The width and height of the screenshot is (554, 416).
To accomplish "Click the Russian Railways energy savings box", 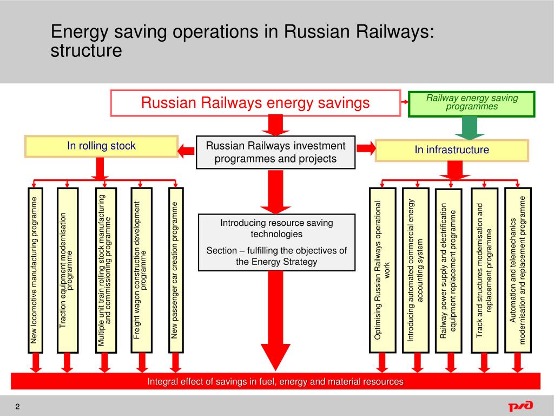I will click(x=255, y=103).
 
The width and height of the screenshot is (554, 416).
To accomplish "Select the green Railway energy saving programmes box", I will click(x=471, y=104).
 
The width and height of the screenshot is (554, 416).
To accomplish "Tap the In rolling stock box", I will click(x=101, y=146).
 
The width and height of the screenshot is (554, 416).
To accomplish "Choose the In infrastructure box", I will click(x=452, y=150).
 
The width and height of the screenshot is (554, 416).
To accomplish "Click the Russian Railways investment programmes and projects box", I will click(x=275, y=152).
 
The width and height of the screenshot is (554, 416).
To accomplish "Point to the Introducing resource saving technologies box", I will click(x=276, y=242).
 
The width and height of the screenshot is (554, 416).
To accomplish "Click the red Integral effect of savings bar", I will click(x=275, y=381).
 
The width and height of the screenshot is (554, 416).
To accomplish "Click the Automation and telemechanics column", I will click(x=518, y=269).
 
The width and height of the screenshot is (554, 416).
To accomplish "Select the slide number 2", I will click(x=17, y=407).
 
